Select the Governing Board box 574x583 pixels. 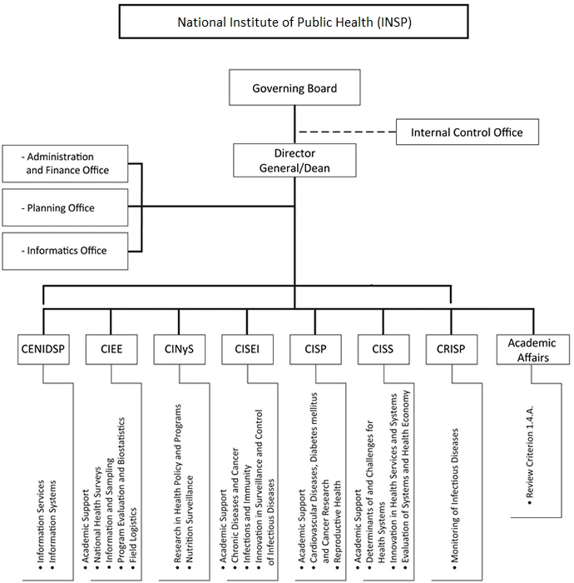tap(294, 87)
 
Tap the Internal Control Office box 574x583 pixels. tap(467, 132)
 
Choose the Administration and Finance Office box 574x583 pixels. tap(65, 164)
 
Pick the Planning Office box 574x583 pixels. tap(65, 208)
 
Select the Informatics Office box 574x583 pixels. tap(65, 249)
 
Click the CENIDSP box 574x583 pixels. tap(42, 350)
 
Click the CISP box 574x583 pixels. tap(314, 350)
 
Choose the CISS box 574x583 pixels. tap(382, 350)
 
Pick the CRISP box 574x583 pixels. tap(449, 350)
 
